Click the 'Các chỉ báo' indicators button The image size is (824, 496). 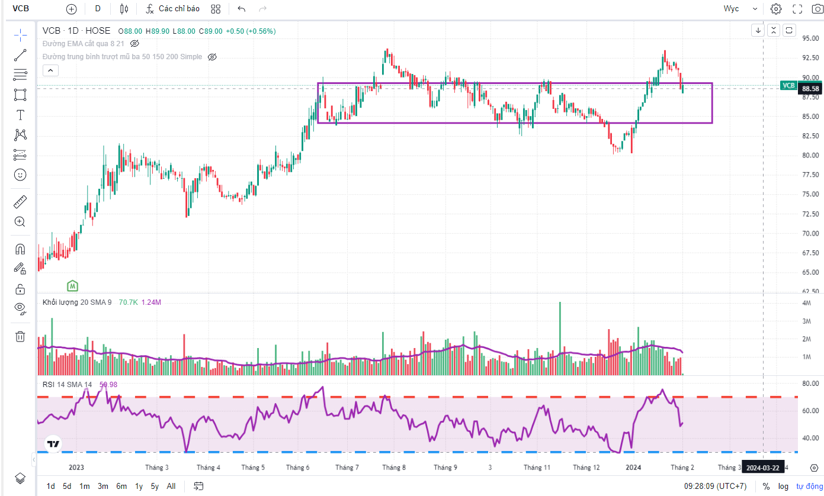coord(173,9)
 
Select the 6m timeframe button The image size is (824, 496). coord(121,486)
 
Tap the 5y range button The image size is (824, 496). coord(155,486)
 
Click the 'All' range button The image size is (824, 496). coord(171,486)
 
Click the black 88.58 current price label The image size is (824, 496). coord(810,88)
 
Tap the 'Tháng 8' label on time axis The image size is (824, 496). coord(394,467)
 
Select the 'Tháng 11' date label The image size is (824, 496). coord(537,467)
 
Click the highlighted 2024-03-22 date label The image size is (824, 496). coord(762,468)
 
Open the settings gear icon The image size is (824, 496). coord(776,9)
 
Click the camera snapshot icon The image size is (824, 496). coord(817,9)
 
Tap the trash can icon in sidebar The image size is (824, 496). coord(20,336)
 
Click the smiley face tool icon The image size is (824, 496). coord(20,175)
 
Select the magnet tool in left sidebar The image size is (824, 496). coord(20,249)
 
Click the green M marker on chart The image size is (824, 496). coord(72,285)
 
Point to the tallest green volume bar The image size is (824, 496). coord(559,337)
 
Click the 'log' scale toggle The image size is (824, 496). coord(783,486)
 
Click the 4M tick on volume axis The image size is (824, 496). coord(806,303)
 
